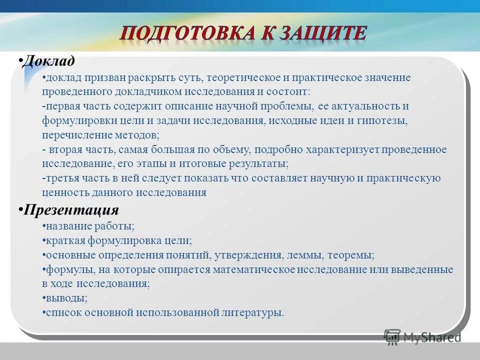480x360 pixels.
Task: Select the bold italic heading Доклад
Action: point(49,61)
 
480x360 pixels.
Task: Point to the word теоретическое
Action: point(244,78)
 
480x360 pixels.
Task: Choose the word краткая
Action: point(66,240)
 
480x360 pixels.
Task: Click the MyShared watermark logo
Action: point(422,336)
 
